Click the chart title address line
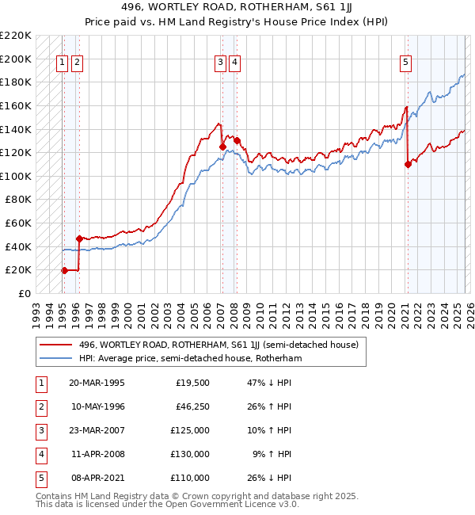coord(237,6)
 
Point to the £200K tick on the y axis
coord(16,59)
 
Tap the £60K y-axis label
coord(18,223)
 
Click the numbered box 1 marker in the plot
coord(62,64)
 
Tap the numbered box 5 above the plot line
coord(405,64)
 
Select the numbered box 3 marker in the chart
coord(220,64)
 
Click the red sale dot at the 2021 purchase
coord(408,164)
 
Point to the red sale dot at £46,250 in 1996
coord(79,238)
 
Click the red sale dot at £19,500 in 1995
coord(64,270)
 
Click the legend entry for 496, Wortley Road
coord(218,345)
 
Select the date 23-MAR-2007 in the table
coord(97,430)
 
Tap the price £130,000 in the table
coord(190,454)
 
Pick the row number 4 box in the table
coord(39,454)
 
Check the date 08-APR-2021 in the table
coord(97,478)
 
